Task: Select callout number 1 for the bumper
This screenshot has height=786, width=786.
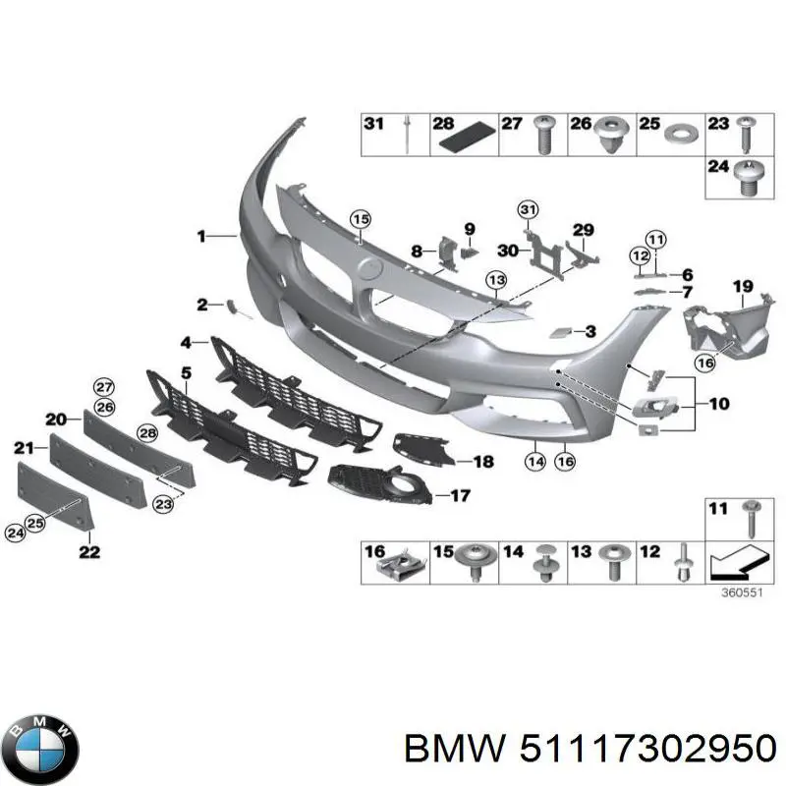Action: coord(200,236)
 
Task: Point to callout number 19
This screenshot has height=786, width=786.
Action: coord(743,286)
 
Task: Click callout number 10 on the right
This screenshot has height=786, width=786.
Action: coord(718,403)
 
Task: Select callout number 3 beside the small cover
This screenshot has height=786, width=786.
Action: coord(589,332)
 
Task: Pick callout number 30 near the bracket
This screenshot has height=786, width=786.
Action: coord(507,251)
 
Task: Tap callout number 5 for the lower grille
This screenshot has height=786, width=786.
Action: coord(186,372)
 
